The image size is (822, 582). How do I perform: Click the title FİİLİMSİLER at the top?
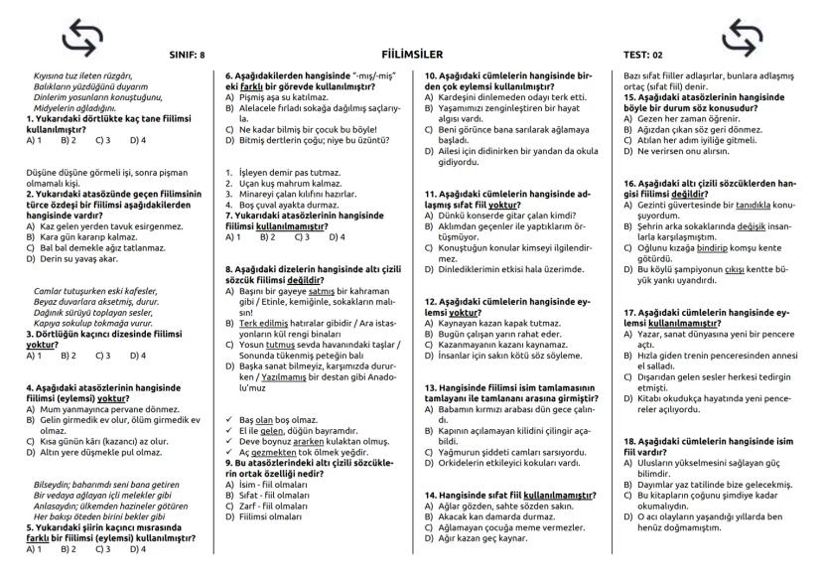coord(411,54)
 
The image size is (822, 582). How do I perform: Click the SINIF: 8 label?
coord(189,55)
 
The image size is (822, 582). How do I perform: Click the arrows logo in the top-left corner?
coord(83,37)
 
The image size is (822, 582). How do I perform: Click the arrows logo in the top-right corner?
coord(744,37)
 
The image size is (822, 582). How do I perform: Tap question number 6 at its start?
coord(228,75)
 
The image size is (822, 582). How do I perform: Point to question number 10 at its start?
coord(430,75)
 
